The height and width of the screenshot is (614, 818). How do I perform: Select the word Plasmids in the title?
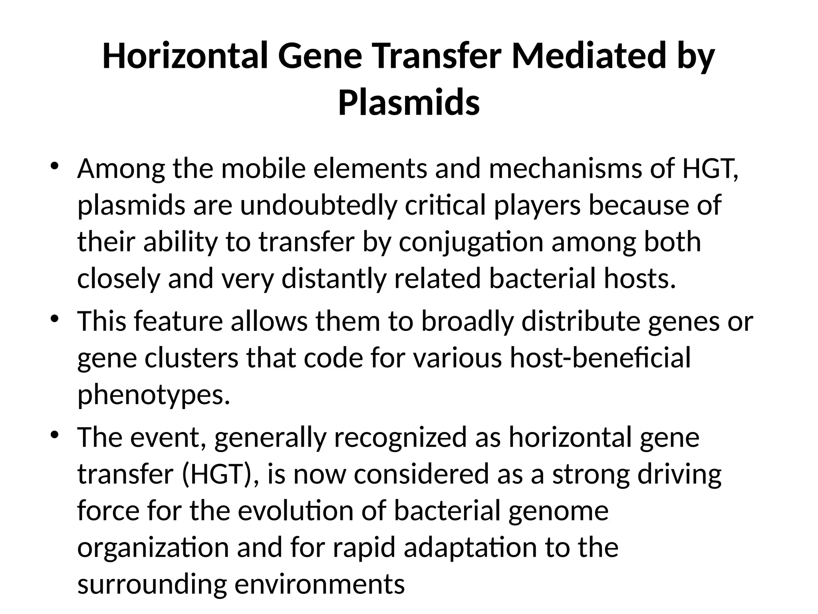[409, 103]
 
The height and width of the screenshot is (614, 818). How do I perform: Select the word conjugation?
[471, 242]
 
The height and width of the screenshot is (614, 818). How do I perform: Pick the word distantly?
[334, 279]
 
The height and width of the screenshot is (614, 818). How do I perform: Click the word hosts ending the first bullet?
[639, 279]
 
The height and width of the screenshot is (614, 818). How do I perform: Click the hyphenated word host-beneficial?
[600, 358]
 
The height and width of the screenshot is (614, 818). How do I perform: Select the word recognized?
[400, 437]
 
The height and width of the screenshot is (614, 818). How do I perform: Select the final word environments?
[319, 584]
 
